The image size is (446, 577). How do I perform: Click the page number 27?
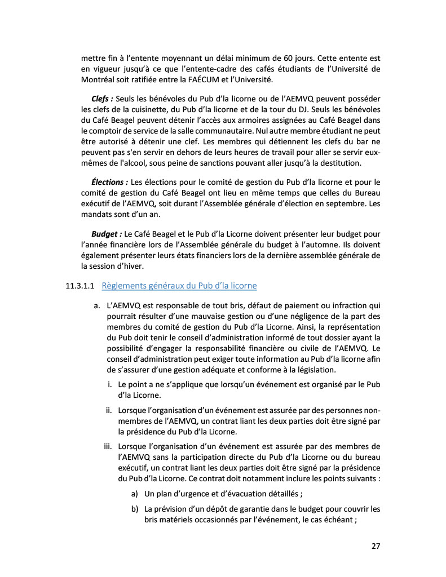tap(376, 546)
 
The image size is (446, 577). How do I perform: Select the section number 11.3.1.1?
tap(81, 286)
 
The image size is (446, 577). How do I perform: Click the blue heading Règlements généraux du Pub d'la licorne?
tap(179, 286)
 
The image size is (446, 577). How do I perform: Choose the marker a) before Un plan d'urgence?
tap(135, 494)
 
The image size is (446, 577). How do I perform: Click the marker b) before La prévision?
tap(135, 509)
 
